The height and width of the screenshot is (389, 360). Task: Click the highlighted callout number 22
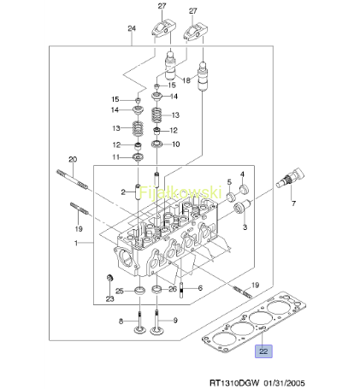point(263,351)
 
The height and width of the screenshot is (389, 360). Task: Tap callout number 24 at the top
point(132,28)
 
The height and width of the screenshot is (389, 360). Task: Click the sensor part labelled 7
point(291,177)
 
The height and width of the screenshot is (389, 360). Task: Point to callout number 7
point(293,203)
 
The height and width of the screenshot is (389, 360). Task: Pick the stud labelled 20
point(72,179)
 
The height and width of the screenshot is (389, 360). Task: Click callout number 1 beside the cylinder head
point(76,243)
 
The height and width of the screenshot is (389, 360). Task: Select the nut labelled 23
point(109,278)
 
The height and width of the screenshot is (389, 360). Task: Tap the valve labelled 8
point(139,323)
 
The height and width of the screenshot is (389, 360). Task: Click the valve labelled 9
point(156,322)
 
